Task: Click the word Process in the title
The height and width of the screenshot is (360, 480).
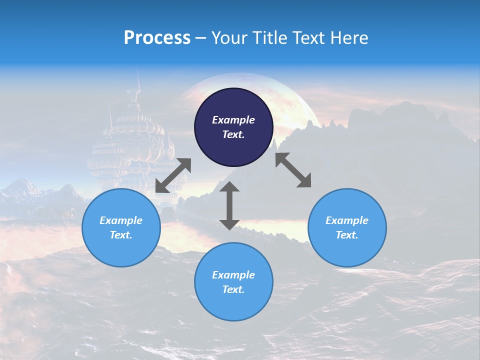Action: point(157,38)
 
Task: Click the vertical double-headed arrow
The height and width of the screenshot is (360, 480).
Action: point(229,205)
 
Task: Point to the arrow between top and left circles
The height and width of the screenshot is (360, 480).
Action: point(173,175)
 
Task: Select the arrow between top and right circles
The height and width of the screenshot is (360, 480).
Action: point(293,170)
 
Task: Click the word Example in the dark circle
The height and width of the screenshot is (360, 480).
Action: point(233,120)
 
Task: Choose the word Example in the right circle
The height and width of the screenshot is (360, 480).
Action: point(347,220)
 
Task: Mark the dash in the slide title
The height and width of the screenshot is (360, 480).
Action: point(200,38)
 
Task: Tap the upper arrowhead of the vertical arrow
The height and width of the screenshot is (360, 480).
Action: point(229,187)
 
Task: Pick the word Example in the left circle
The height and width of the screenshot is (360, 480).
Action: point(121,220)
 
